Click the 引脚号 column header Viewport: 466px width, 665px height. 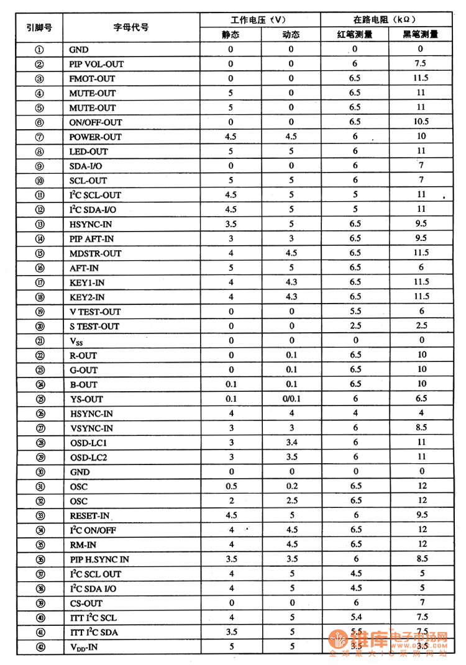pyautogui.click(x=39, y=27)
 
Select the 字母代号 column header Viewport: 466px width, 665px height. pyautogui.click(x=131, y=27)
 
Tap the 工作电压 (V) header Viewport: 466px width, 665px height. pyautogui.click(x=260, y=20)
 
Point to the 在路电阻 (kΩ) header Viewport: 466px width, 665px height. pyautogui.click(x=387, y=20)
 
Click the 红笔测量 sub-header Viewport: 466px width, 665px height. pyautogui.click(x=355, y=35)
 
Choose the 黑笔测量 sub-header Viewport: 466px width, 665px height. pyautogui.click(x=421, y=35)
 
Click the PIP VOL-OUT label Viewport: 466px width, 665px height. pyautogui.click(x=96, y=64)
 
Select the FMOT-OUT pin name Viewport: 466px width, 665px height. pyautogui.click(x=92, y=79)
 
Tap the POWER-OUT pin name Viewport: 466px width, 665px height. pyautogui.click(x=95, y=137)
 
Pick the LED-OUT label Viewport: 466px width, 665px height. pyautogui.click(x=89, y=152)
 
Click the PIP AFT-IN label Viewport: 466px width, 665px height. pyautogui.click(x=91, y=239)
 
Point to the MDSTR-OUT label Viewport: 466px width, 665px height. pyautogui.click(x=95, y=253)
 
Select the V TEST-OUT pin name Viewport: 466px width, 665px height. pyautogui.click(x=95, y=312)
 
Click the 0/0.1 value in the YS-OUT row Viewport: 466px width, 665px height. pyautogui.click(x=291, y=399)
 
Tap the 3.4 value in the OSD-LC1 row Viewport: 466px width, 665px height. pyautogui.click(x=291, y=443)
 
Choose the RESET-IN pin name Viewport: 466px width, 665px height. pyautogui.click(x=90, y=516)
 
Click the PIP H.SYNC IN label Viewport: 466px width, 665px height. pyautogui.click(x=99, y=559)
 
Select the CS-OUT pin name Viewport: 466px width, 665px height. pyautogui.click(x=86, y=604)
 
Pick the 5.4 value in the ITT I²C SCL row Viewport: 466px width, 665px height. pyautogui.click(x=355, y=617)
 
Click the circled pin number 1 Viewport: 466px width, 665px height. pyautogui.click(x=39, y=50)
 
